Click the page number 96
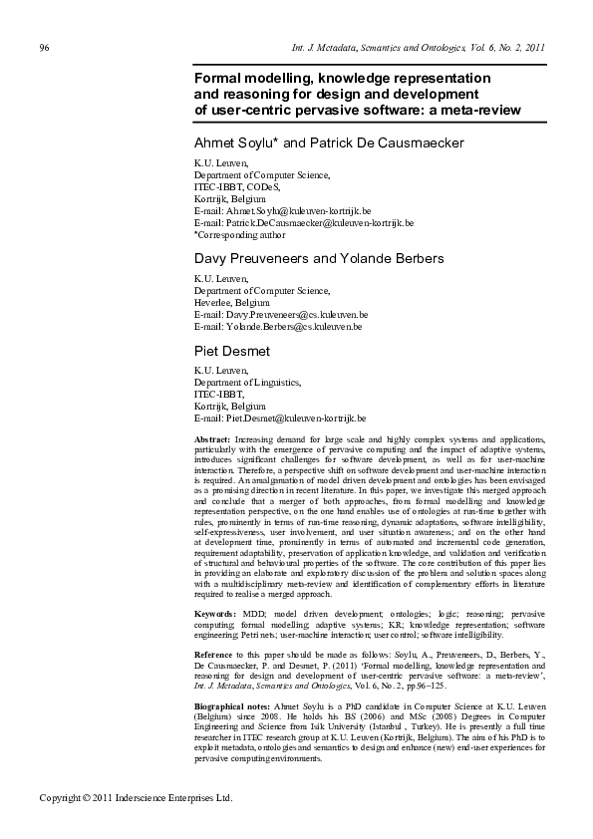click(44, 48)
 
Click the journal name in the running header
click(418, 48)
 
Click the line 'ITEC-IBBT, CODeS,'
click(237, 186)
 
